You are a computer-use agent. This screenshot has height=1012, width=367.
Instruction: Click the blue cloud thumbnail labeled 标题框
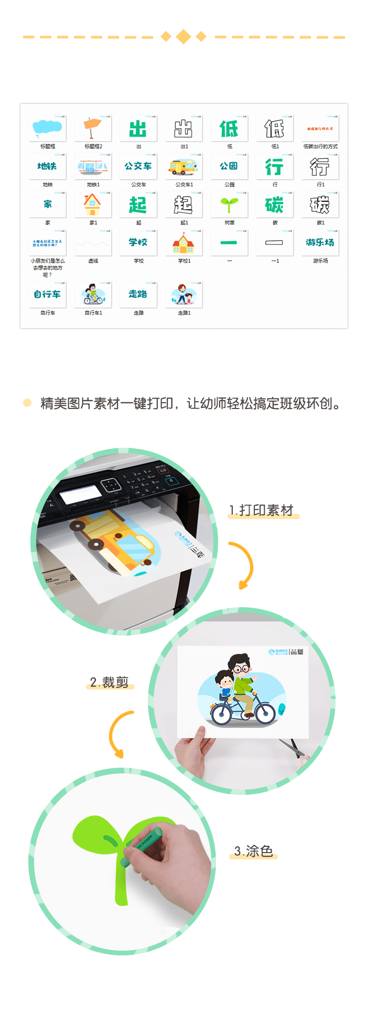tap(47, 128)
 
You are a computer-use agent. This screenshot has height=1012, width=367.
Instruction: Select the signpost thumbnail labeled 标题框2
tap(93, 128)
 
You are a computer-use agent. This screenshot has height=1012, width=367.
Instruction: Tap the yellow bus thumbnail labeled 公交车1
tap(183, 167)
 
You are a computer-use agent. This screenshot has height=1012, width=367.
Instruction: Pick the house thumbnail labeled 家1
tap(93, 204)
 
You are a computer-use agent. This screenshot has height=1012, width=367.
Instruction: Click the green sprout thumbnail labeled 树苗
tap(229, 204)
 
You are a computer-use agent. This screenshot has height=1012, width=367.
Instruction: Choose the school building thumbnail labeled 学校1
tap(183, 243)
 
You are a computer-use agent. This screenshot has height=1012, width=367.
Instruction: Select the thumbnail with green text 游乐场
tap(320, 243)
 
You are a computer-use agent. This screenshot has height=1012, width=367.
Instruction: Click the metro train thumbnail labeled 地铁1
tap(93, 167)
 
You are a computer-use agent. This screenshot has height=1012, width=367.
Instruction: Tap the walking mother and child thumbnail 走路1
tap(183, 294)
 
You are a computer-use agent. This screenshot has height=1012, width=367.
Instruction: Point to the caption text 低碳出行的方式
tap(320, 146)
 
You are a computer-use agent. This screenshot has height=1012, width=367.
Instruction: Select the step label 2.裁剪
tap(109, 682)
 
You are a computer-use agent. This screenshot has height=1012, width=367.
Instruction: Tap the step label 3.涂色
tap(254, 851)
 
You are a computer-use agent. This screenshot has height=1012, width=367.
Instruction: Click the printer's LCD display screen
tap(80, 494)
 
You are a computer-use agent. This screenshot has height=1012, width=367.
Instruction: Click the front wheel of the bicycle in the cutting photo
tap(264, 714)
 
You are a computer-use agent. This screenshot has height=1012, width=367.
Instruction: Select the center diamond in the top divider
tap(183, 37)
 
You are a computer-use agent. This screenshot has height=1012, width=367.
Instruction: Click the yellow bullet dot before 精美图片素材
tap(27, 403)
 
